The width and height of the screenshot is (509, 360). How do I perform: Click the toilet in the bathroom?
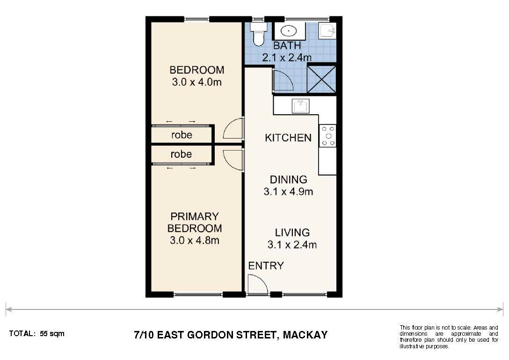click(x=259, y=35)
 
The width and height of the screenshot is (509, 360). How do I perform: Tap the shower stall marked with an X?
click(x=321, y=79)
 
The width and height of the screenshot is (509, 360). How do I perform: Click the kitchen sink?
click(x=301, y=106)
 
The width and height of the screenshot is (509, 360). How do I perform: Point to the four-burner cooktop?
click(x=327, y=136)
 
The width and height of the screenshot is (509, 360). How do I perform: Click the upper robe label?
click(x=182, y=135)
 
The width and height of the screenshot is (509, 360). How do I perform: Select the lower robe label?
click(x=181, y=154)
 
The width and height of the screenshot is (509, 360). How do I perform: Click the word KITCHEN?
click(x=288, y=138)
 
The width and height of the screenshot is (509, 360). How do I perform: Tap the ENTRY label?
click(x=266, y=265)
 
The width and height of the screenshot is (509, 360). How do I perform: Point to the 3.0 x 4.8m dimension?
click(x=195, y=241)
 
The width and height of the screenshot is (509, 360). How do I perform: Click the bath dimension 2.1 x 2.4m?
click(x=287, y=58)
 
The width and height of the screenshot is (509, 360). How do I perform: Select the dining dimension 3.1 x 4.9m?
click(x=288, y=191)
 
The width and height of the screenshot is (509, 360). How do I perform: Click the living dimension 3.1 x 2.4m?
click(x=292, y=244)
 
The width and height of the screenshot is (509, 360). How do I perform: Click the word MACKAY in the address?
click(x=305, y=335)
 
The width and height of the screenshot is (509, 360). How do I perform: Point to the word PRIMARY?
click(x=195, y=216)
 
